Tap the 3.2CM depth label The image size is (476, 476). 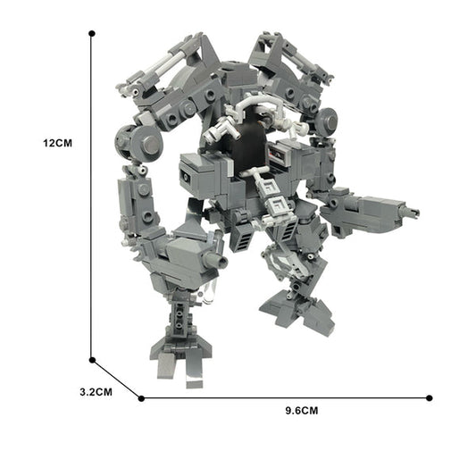pos(95,391)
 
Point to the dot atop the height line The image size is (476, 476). pos(92,33)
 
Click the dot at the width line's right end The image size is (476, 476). pos(430,397)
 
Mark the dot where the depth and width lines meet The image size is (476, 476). pos(141,397)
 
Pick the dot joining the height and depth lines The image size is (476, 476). pos(92,361)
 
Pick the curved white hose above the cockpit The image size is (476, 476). pos(239,112)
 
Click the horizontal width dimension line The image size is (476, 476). pos(286,397)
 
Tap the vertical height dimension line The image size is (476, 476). pos(92,196)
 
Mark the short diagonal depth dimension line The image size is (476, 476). pos(116,379)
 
